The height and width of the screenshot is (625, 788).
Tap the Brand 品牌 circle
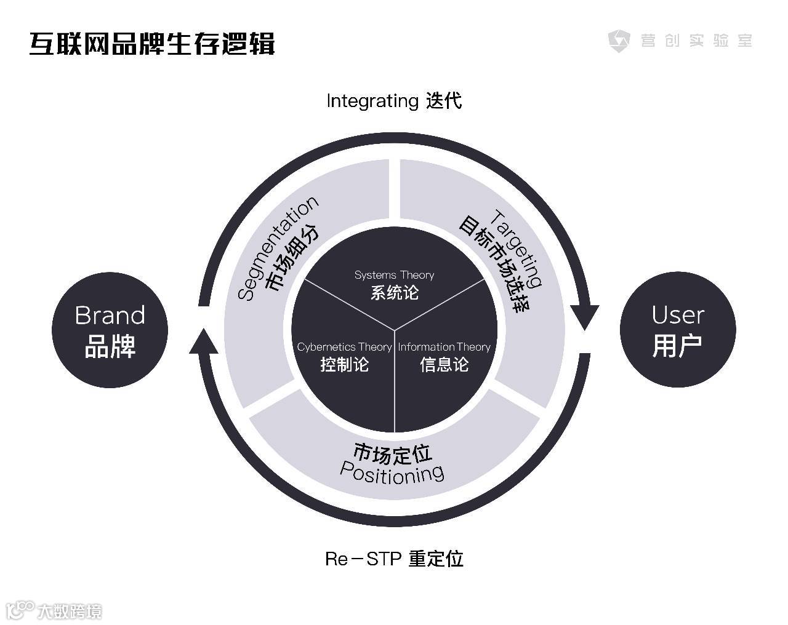coord(110,330)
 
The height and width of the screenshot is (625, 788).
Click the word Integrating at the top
coord(372,101)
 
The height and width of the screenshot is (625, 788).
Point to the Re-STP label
coord(363,559)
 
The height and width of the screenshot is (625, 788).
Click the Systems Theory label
coord(394,275)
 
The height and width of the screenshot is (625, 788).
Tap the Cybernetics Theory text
coord(344,347)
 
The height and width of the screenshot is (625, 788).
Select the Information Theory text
coord(444,347)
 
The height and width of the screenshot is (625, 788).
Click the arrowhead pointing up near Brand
coord(204,341)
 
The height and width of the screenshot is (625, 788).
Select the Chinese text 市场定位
coord(393,454)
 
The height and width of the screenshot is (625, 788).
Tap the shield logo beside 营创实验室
coord(619,41)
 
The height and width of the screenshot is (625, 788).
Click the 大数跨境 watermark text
coord(69,611)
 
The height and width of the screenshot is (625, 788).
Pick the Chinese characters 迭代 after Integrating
coord(443,101)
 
